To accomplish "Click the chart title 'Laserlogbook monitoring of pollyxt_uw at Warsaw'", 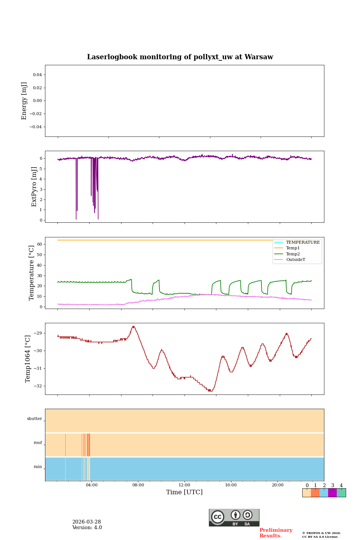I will [180, 57].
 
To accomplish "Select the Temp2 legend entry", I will [293, 254].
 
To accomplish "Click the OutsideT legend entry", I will [295, 259].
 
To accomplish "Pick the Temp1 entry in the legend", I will [293, 248].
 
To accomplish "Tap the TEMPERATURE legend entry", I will [303, 242].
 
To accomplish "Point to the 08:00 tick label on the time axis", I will [138, 485].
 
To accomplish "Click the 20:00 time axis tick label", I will [277, 485].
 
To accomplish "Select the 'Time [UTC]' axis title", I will [184, 492].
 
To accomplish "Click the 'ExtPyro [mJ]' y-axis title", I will [34, 187].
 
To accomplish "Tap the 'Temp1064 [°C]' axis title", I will [28, 359].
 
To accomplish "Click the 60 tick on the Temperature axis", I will [39, 244].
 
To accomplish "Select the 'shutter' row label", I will [34, 419].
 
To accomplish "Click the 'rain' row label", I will [38, 467].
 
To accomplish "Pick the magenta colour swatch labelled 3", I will [332, 493].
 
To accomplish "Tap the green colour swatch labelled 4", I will [341, 493].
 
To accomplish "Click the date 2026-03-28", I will [87, 522].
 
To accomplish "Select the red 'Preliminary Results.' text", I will [276, 533].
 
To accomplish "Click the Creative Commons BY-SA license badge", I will [234, 517].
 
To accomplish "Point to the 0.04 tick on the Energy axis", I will [37, 75].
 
